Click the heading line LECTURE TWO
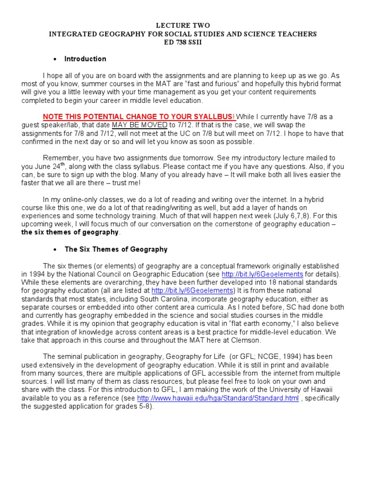(183, 25)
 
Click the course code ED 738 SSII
(183, 42)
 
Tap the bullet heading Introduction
(85, 59)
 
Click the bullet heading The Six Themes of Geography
(116, 249)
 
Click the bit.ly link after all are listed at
(192, 290)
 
